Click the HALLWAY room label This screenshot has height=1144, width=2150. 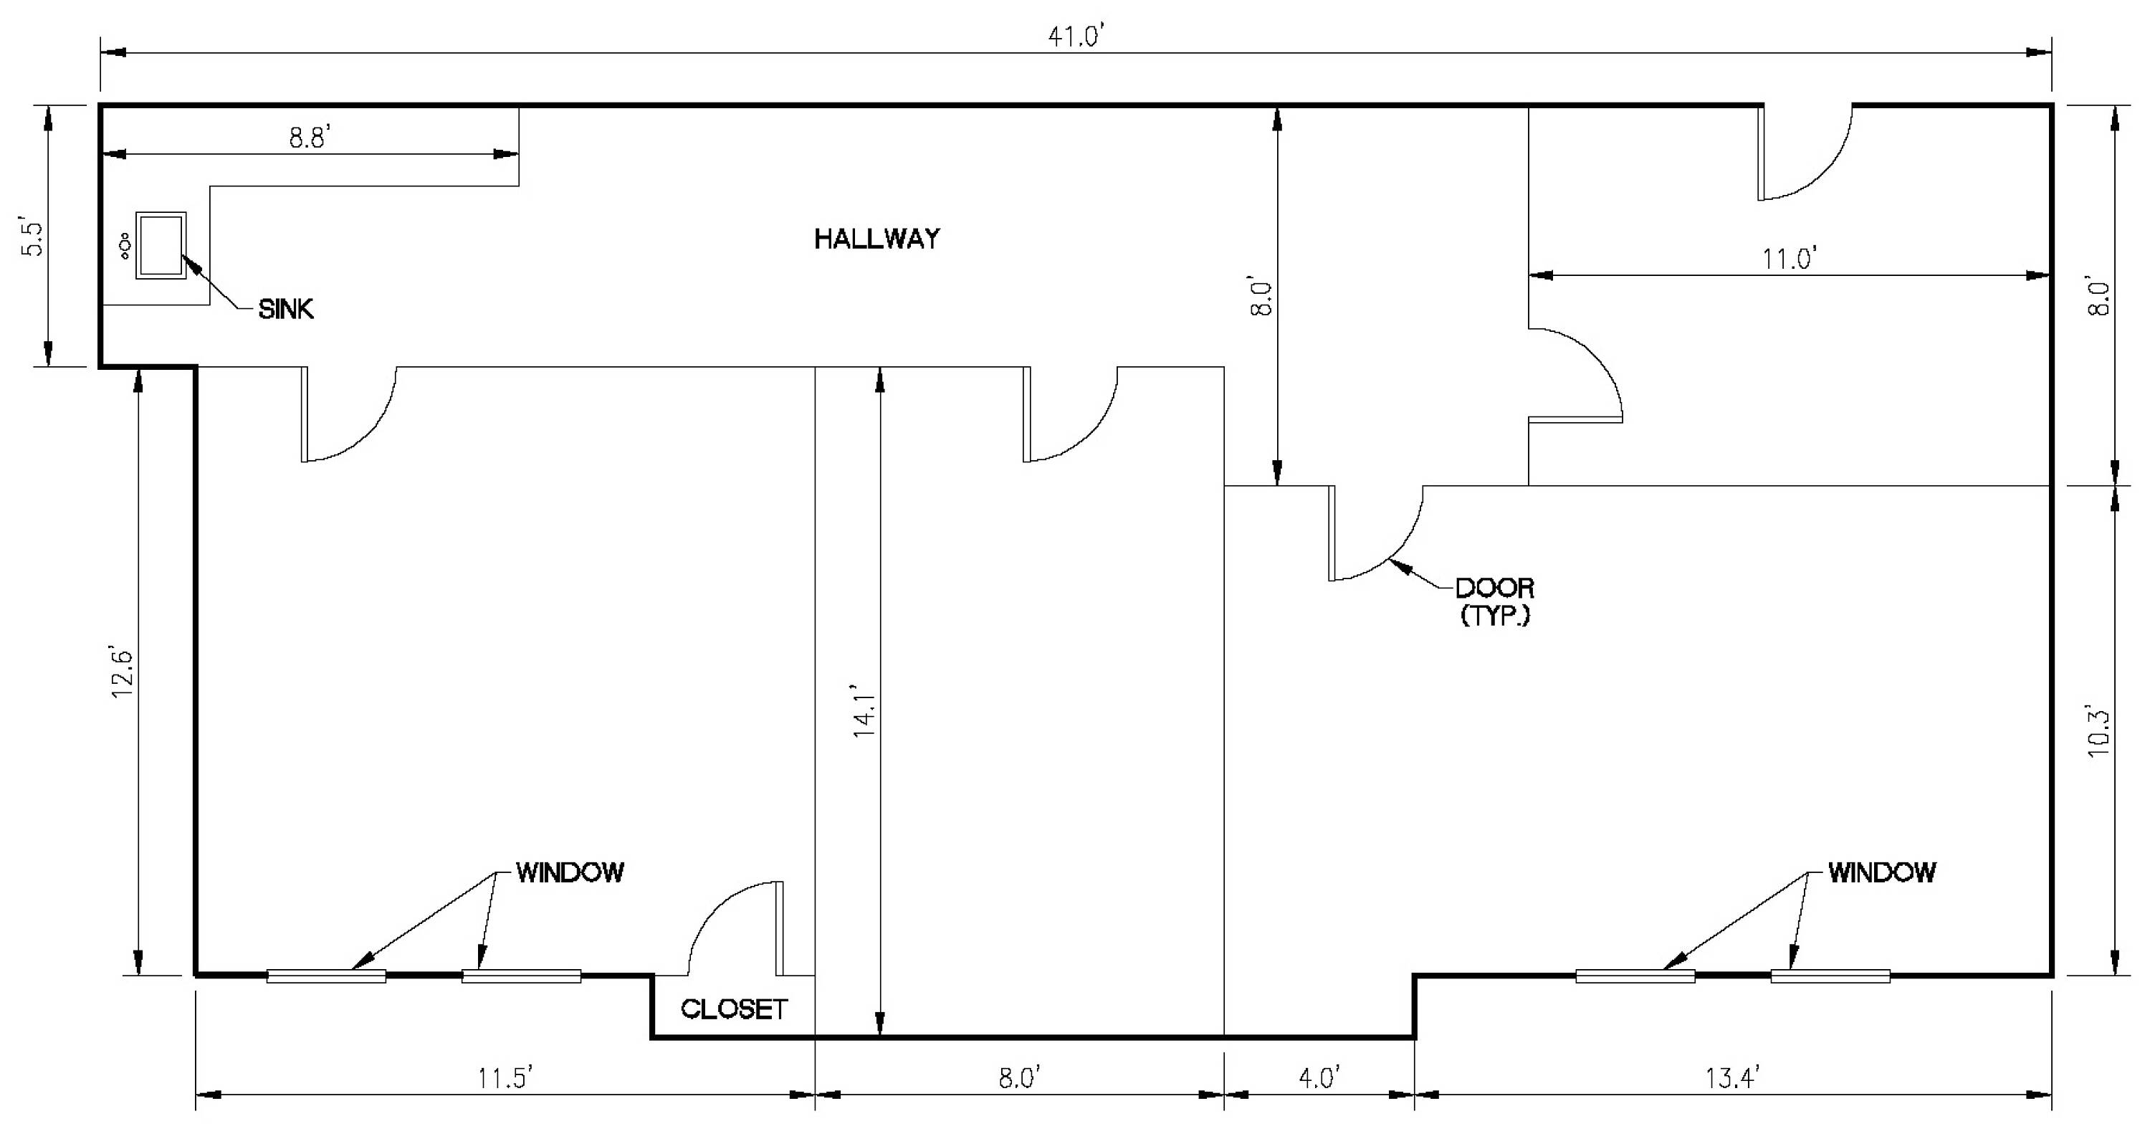pos(876,239)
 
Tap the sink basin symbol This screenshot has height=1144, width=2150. pos(161,244)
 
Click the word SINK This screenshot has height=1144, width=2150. pos(286,310)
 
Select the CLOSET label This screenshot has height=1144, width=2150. pos(734,1009)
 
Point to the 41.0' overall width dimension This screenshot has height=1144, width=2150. pos(1076,37)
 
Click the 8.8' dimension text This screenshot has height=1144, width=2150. pos(310,138)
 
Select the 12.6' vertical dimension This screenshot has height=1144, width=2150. pos(123,672)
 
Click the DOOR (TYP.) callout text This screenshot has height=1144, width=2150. pos(1495,602)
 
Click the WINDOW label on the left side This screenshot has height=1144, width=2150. pos(570,872)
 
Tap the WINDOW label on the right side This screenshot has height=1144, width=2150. pos(1882,872)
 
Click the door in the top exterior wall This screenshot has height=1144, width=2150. pos(1805,152)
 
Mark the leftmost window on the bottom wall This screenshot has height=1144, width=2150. pos(326,976)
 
